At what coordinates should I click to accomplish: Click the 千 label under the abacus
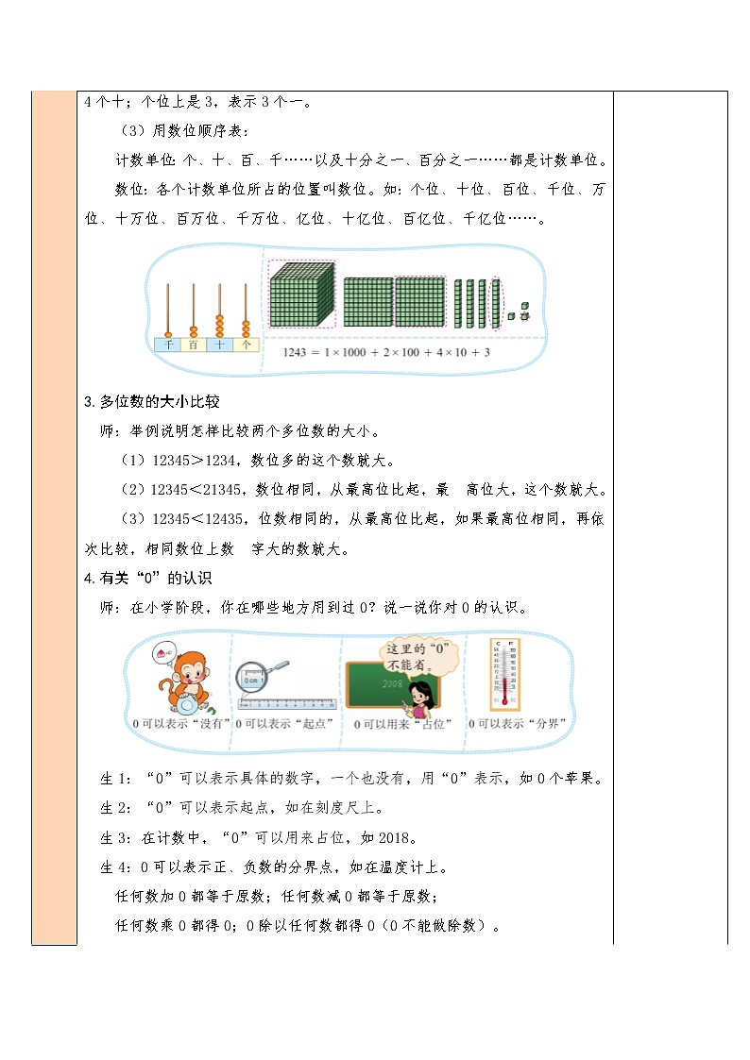(169, 345)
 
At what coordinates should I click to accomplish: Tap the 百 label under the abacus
(194, 345)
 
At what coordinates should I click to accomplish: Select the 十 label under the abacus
(219, 345)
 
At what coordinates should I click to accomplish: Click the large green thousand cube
(301, 294)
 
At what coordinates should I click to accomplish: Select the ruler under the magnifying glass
(287, 703)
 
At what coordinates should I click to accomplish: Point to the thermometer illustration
(504, 674)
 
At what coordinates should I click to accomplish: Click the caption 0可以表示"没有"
(181, 723)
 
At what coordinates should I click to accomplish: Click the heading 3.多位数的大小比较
(152, 401)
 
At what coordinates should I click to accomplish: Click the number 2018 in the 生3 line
(391, 836)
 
